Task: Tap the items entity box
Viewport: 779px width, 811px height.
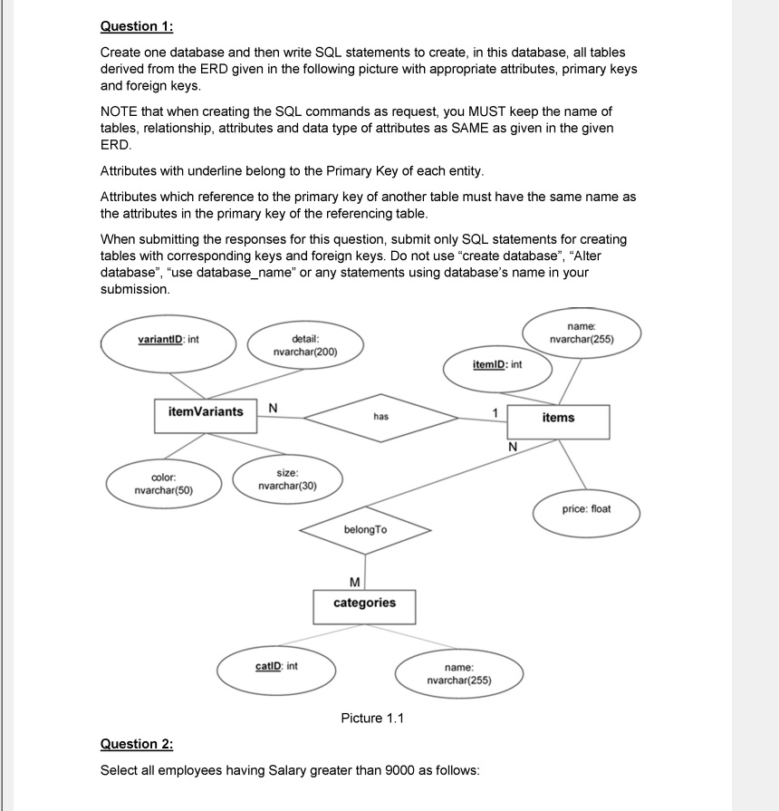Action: tap(558, 418)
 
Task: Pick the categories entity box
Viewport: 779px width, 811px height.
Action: tap(364, 603)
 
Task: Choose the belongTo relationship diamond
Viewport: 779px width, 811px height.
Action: tap(365, 529)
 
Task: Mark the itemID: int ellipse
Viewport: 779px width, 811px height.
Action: tap(497, 365)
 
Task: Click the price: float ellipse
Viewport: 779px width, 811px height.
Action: tap(586, 509)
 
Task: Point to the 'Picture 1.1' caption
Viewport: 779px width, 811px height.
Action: tap(372, 719)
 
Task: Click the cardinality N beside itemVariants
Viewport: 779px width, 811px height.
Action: tap(273, 408)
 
